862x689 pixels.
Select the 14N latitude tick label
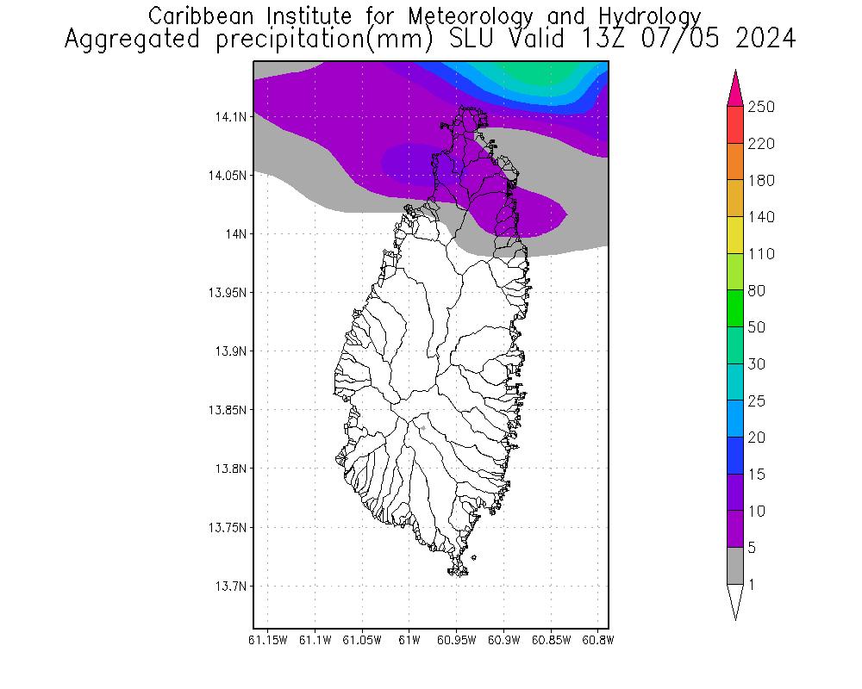pos(236,234)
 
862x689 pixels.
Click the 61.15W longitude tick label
pos(267,640)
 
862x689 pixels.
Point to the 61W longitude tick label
pos(409,640)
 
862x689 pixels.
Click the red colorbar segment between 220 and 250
pos(734,125)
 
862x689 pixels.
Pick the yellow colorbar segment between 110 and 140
pos(734,235)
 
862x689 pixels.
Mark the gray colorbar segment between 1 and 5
pos(734,566)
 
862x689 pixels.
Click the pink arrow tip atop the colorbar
pos(734,86)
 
